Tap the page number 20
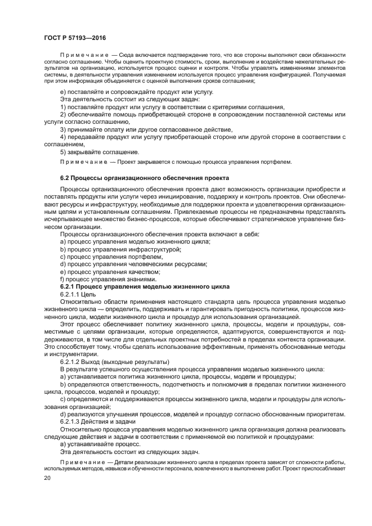point(48,478)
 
